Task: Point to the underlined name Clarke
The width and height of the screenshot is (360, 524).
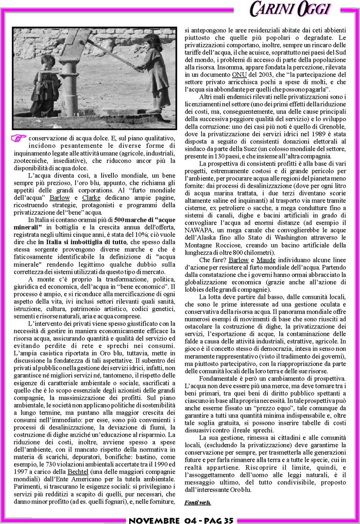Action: (91, 198)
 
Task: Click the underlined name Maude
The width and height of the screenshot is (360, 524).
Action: (265, 260)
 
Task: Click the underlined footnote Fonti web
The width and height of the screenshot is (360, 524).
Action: (198, 502)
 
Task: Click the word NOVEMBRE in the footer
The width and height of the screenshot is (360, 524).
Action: (154, 520)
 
